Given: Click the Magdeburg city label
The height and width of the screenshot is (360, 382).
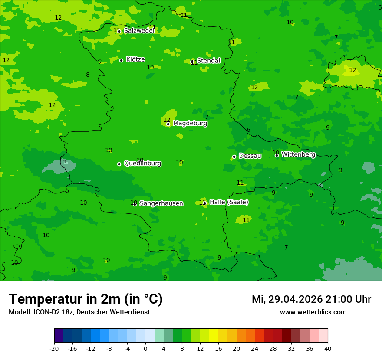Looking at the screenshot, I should pos(190,124).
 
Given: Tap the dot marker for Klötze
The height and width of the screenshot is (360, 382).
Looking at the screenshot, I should pos(122,60).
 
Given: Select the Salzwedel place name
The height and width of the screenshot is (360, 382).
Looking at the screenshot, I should pos(139,31).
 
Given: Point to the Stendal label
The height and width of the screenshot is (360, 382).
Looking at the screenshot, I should pos(208,61).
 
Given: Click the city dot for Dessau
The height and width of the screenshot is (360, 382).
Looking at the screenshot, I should pos(234,157).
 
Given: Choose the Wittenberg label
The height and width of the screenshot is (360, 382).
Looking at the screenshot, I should pos(298,154).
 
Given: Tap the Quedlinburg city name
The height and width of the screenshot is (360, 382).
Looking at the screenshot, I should pos(142,164).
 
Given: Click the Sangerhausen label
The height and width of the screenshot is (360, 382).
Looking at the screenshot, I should pos(161,203).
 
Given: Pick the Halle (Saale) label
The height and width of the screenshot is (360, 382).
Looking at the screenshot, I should pos(229,202).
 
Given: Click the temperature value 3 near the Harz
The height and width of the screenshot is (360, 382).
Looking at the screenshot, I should pos(65,163).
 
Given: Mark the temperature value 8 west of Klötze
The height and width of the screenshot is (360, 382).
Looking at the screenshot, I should pos(88,75).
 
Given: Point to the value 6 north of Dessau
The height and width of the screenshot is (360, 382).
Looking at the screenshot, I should pos(248,130).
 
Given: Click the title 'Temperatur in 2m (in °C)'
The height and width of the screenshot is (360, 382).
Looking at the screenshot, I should pos(86,299).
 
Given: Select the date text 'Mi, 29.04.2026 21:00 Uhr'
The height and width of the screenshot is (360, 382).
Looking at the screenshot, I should pos(311,299).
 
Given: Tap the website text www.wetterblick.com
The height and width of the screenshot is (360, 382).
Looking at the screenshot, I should pos(313,312).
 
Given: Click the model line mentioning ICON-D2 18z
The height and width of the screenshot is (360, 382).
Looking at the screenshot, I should pos(79,312).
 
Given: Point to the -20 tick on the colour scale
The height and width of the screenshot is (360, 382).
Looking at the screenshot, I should pos(54,348).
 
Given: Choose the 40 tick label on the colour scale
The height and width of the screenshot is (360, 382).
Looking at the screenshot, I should pos(327,348).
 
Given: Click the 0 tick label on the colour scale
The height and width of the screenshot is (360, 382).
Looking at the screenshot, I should pos(145,348).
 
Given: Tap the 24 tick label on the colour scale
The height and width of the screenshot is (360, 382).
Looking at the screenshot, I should pos(254,348).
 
